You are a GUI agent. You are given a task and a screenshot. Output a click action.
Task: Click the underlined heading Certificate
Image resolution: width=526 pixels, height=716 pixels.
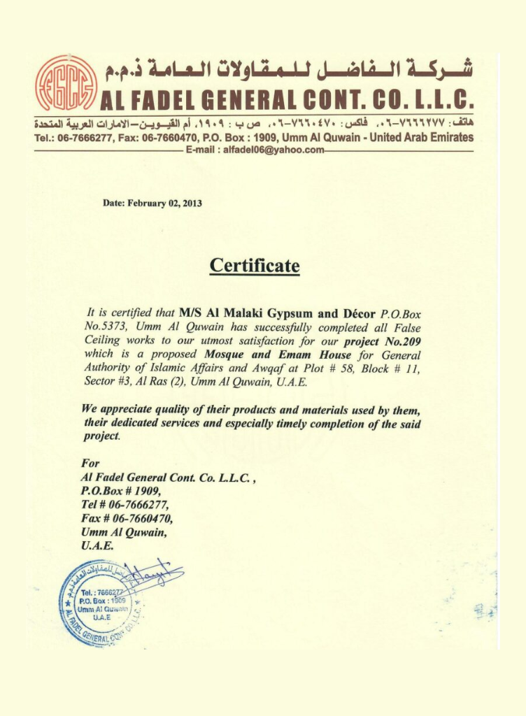pos(255,266)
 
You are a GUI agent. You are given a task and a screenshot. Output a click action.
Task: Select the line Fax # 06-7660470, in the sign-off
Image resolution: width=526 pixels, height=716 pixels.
pos(127,518)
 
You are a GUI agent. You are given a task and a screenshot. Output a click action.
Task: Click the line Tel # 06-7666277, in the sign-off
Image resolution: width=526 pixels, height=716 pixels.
pos(125,504)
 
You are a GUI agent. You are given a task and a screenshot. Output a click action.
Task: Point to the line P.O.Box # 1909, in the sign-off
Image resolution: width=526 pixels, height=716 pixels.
pos(121,491)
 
